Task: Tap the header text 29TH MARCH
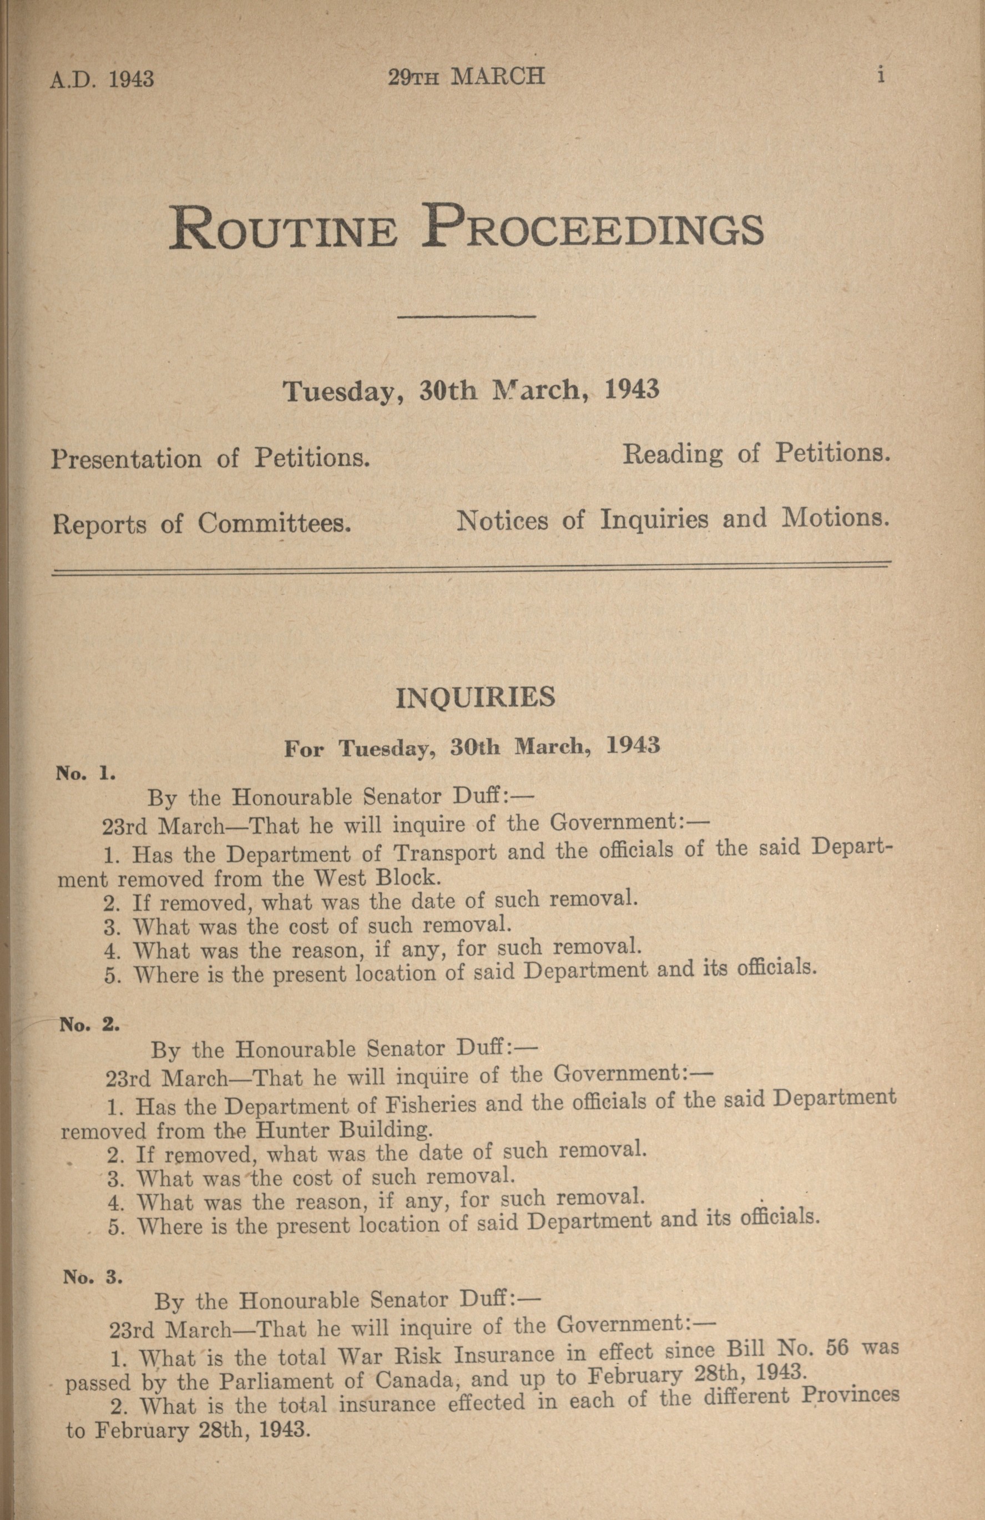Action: (467, 77)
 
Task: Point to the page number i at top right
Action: (881, 76)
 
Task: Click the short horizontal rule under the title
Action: (466, 316)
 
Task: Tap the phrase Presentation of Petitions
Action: (211, 458)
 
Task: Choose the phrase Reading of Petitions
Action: (756, 454)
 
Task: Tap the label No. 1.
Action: (85, 774)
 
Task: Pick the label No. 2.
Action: (89, 1024)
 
